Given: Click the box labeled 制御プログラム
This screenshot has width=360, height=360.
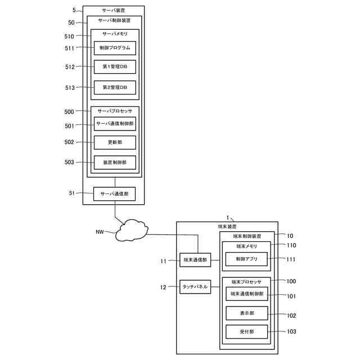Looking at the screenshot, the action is pyautogui.click(x=115, y=48).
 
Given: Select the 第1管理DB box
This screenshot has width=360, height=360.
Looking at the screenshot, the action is pyautogui.click(x=115, y=67).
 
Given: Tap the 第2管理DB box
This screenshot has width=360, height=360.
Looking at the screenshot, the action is pyautogui.click(x=115, y=88).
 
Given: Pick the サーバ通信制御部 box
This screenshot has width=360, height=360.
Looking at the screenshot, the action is pyautogui.click(x=115, y=124).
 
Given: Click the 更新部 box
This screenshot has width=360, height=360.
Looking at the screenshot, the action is pyautogui.click(x=115, y=142).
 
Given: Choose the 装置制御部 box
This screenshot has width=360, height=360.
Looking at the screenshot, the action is pyautogui.click(x=115, y=163).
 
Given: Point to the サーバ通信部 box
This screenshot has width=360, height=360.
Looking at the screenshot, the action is pyautogui.click(x=114, y=194).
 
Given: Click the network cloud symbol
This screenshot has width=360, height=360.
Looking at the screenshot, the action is pyautogui.click(x=132, y=230).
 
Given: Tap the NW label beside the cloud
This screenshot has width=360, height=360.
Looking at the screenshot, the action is pyautogui.click(x=100, y=232).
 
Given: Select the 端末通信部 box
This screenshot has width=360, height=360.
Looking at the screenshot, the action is pyautogui.click(x=195, y=260).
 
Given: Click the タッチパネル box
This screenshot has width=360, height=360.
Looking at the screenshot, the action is pyautogui.click(x=195, y=287).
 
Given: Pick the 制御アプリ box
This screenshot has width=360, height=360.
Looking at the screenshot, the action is pyautogui.click(x=246, y=259).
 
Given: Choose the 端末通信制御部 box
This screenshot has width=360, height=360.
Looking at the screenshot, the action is pyautogui.click(x=247, y=294).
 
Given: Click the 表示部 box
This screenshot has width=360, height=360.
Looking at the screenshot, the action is pyautogui.click(x=247, y=313).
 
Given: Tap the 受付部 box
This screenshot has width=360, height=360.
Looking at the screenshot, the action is pyautogui.click(x=247, y=332).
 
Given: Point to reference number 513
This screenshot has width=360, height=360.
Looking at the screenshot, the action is pyautogui.click(x=70, y=88).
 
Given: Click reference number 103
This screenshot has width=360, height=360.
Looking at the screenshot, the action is pyautogui.click(x=291, y=331).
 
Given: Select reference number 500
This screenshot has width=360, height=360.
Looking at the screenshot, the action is pyautogui.click(x=69, y=112).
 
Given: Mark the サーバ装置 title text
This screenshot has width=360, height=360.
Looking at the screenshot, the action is pyautogui.click(x=114, y=11).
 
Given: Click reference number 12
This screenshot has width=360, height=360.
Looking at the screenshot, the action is pyautogui.click(x=163, y=287).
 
